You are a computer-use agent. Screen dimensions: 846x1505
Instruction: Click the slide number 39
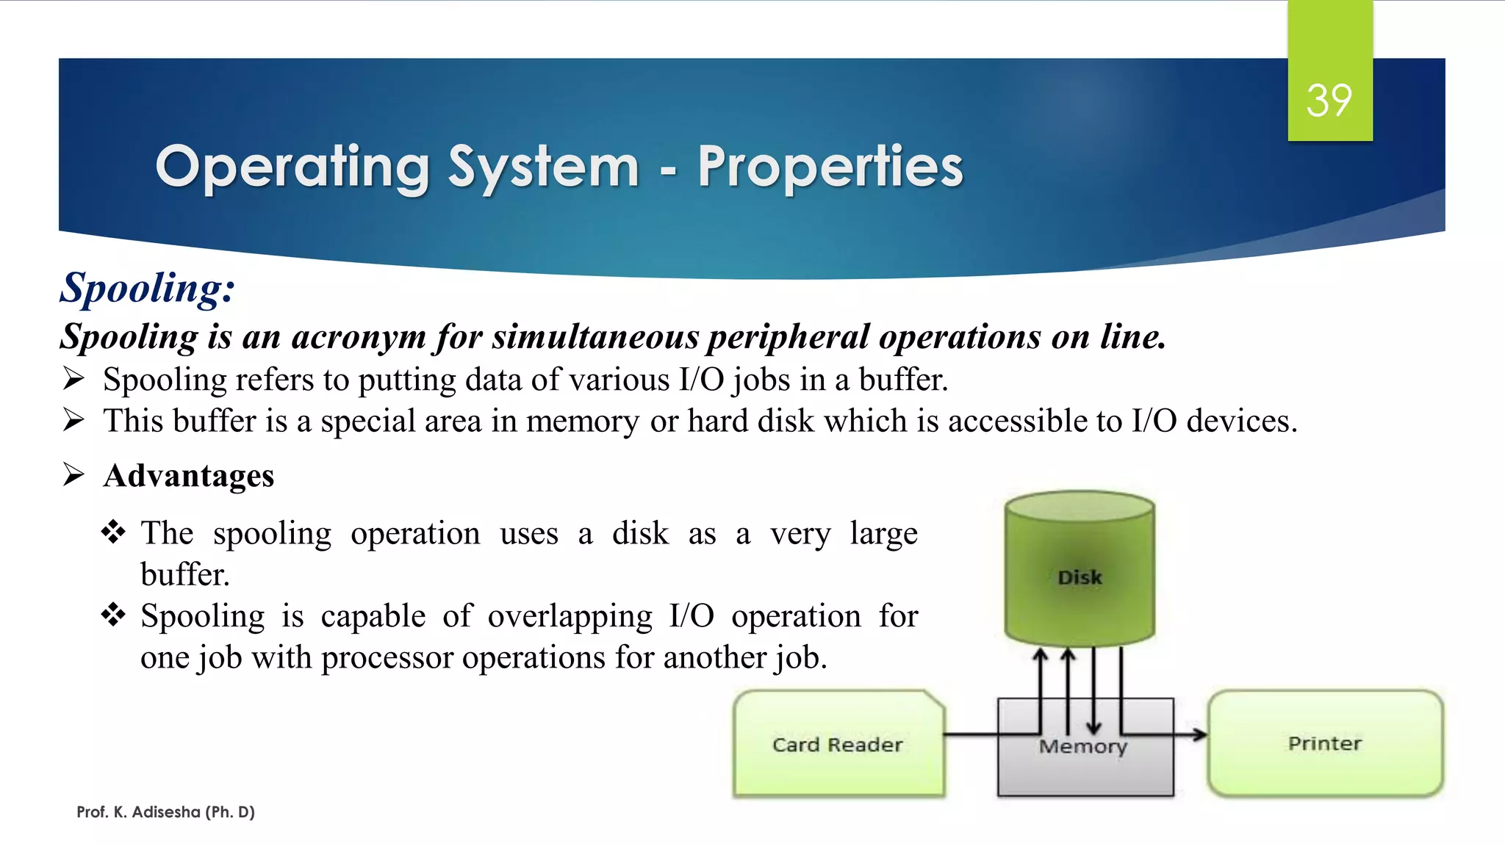[x=1329, y=101]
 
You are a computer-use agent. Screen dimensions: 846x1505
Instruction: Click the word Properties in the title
[x=830, y=167]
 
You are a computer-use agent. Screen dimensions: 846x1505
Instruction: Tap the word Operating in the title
[x=292, y=168]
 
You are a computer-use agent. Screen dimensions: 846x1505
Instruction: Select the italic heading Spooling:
[x=147, y=287]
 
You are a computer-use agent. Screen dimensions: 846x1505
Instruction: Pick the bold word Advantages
[x=189, y=476]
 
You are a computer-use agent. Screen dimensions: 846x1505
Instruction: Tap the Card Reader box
[x=838, y=744]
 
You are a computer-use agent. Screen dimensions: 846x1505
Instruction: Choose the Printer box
[x=1325, y=743]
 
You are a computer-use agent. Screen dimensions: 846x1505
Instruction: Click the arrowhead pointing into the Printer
[x=1201, y=734]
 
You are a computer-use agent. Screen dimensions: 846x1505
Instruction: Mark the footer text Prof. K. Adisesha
[x=165, y=812]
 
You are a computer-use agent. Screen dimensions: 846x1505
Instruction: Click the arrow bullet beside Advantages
[x=73, y=474]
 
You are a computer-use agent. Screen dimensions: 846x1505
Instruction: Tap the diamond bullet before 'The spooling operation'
[x=113, y=532]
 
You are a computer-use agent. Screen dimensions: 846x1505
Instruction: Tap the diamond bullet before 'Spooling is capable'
[x=113, y=615]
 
